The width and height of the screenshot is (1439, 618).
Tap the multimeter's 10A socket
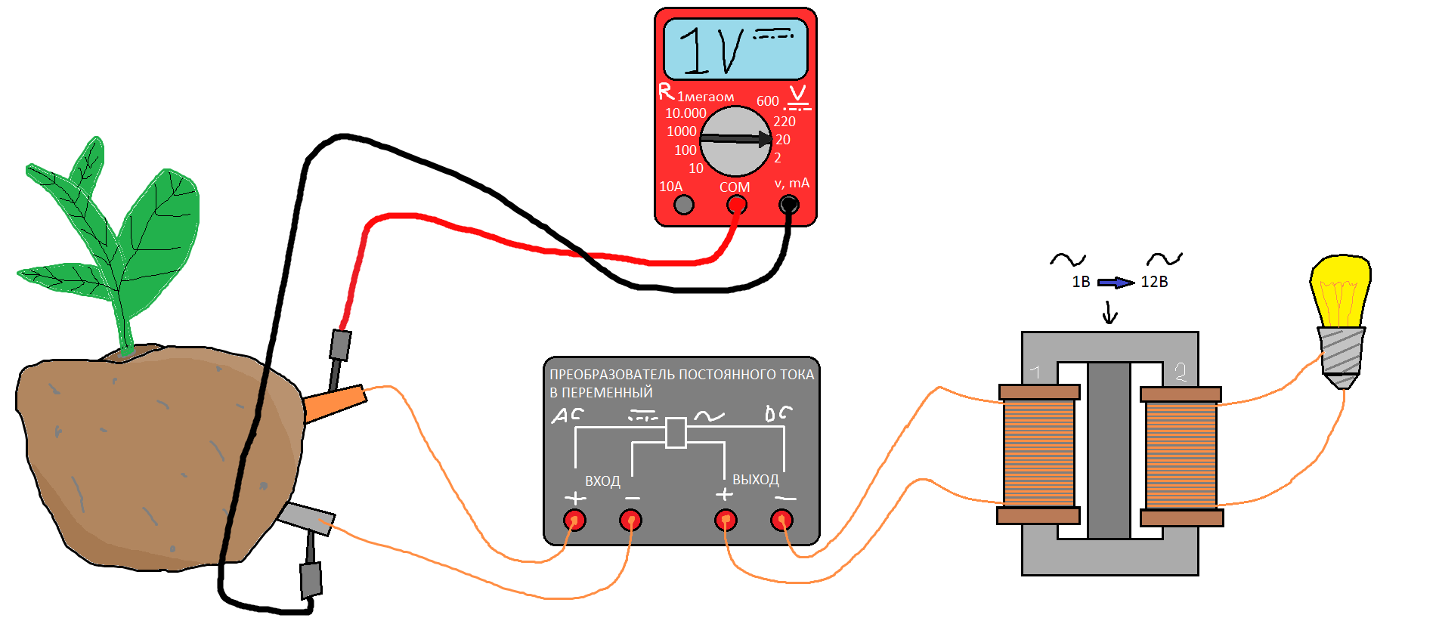coord(684,204)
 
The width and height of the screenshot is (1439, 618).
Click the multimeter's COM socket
coord(736,205)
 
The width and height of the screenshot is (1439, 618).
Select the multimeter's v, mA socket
coord(788,204)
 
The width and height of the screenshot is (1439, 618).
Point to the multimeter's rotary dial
coord(735,141)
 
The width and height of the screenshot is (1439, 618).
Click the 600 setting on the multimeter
coord(767,101)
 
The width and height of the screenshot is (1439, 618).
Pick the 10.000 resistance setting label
coord(685,113)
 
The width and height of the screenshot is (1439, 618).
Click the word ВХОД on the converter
coord(602,481)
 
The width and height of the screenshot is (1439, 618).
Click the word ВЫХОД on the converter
coord(755,480)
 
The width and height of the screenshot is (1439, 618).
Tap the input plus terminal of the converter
coord(574,520)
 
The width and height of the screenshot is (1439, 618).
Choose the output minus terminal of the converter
coord(781,520)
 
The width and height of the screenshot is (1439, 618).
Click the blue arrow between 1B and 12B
coord(1116,283)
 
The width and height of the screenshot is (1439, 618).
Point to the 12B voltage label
coord(1154,282)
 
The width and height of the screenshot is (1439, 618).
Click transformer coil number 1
coord(1039,453)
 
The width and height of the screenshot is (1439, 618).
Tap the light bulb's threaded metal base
coord(1342,351)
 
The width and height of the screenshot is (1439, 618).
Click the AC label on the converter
coord(567,415)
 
